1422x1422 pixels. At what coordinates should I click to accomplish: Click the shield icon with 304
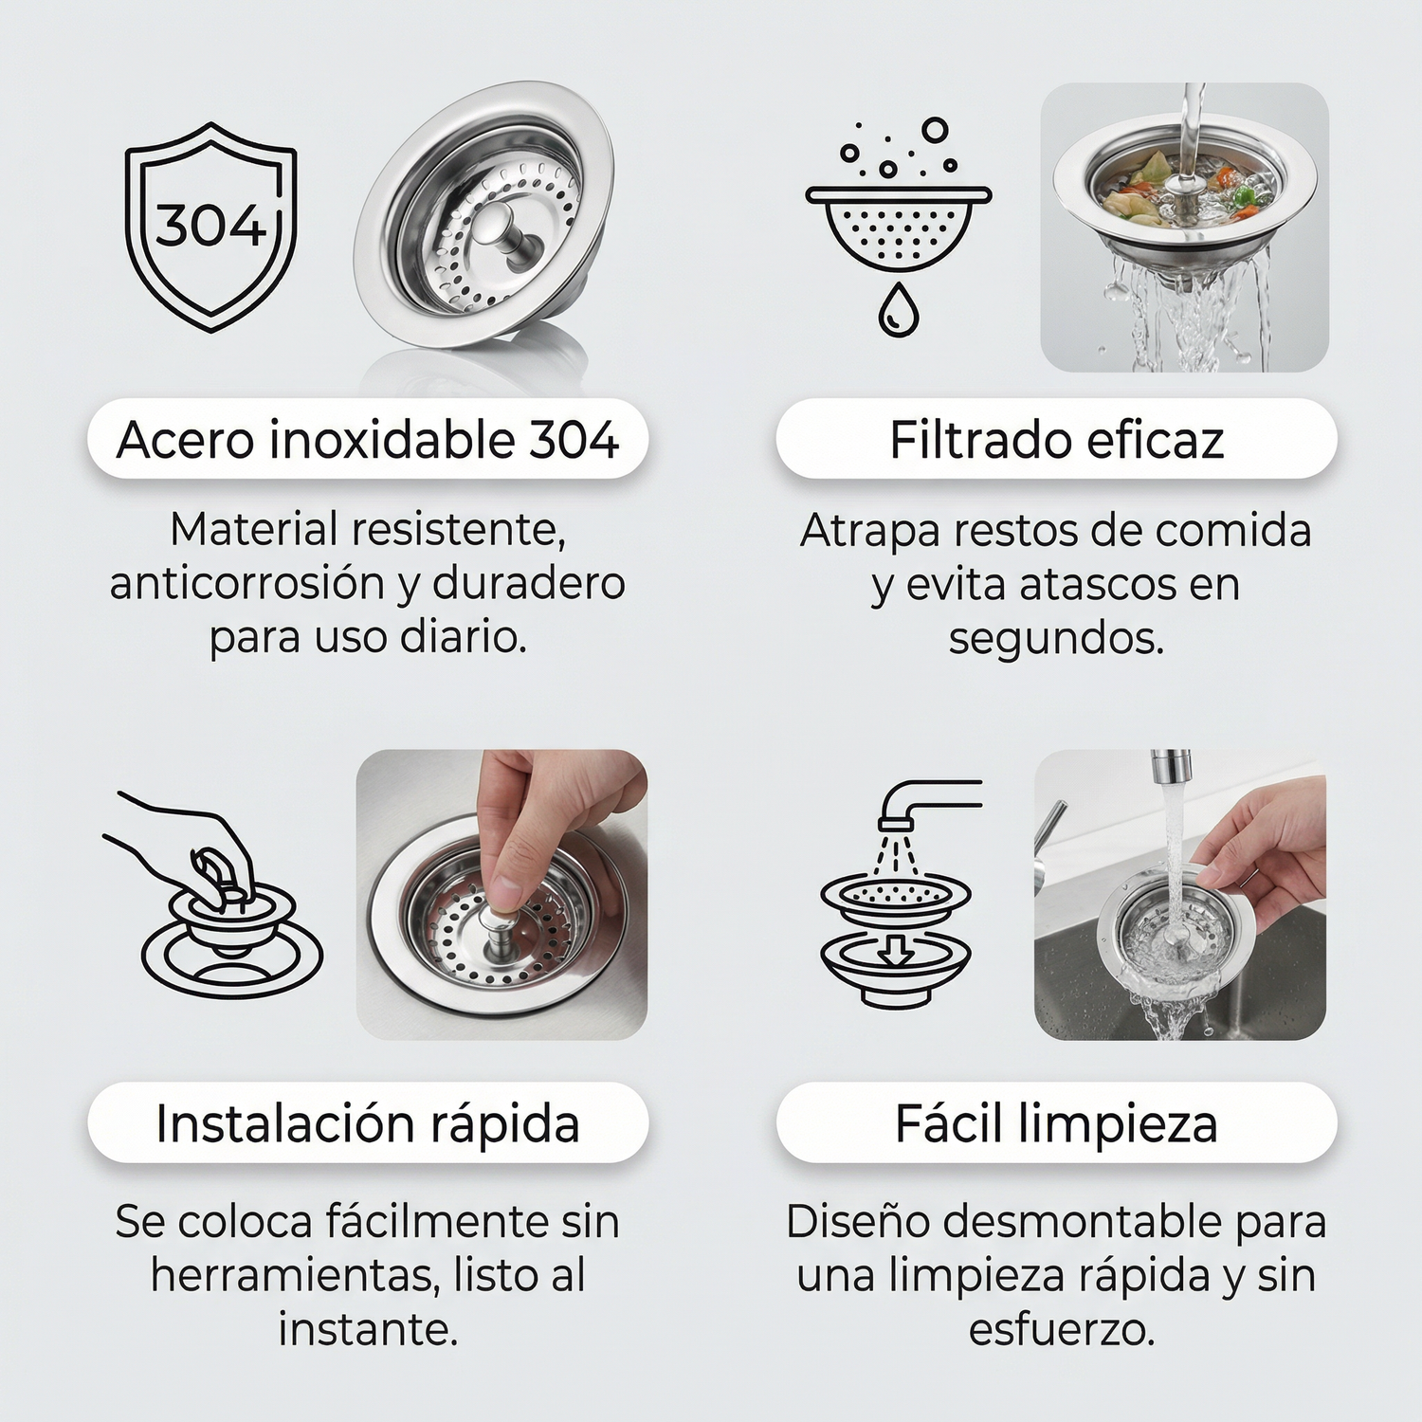pyautogui.click(x=210, y=228)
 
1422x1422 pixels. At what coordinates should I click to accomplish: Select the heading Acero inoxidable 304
pyautogui.click(x=368, y=440)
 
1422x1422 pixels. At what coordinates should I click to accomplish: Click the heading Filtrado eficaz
pyautogui.click(x=1056, y=440)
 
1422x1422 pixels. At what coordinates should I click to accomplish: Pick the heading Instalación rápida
pyautogui.click(x=368, y=1123)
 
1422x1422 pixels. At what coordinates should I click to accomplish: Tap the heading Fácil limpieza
pyautogui.click(x=1056, y=1123)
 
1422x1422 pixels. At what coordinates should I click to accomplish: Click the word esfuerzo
pyautogui.click(x=1062, y=1330)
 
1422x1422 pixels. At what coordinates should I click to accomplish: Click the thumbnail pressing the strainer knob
pyautogui.click(x=502, y=894)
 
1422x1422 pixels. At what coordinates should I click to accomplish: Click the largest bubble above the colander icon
pyautogui.click(x=936, y=130)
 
